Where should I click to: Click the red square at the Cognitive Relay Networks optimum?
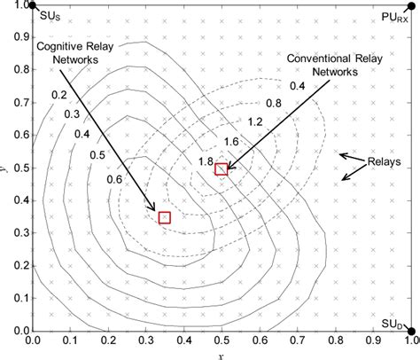coord(164,217)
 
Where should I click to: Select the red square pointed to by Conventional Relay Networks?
coord(222,168)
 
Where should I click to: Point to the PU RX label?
coord(390,17)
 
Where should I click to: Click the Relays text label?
coord(384,163)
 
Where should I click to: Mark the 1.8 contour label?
coord(205,160)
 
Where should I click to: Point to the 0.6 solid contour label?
coord(115,180)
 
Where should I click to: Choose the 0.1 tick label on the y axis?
coord(17,300)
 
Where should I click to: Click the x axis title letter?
coord(221,354)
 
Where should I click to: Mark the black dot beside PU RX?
coord(412,6)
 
